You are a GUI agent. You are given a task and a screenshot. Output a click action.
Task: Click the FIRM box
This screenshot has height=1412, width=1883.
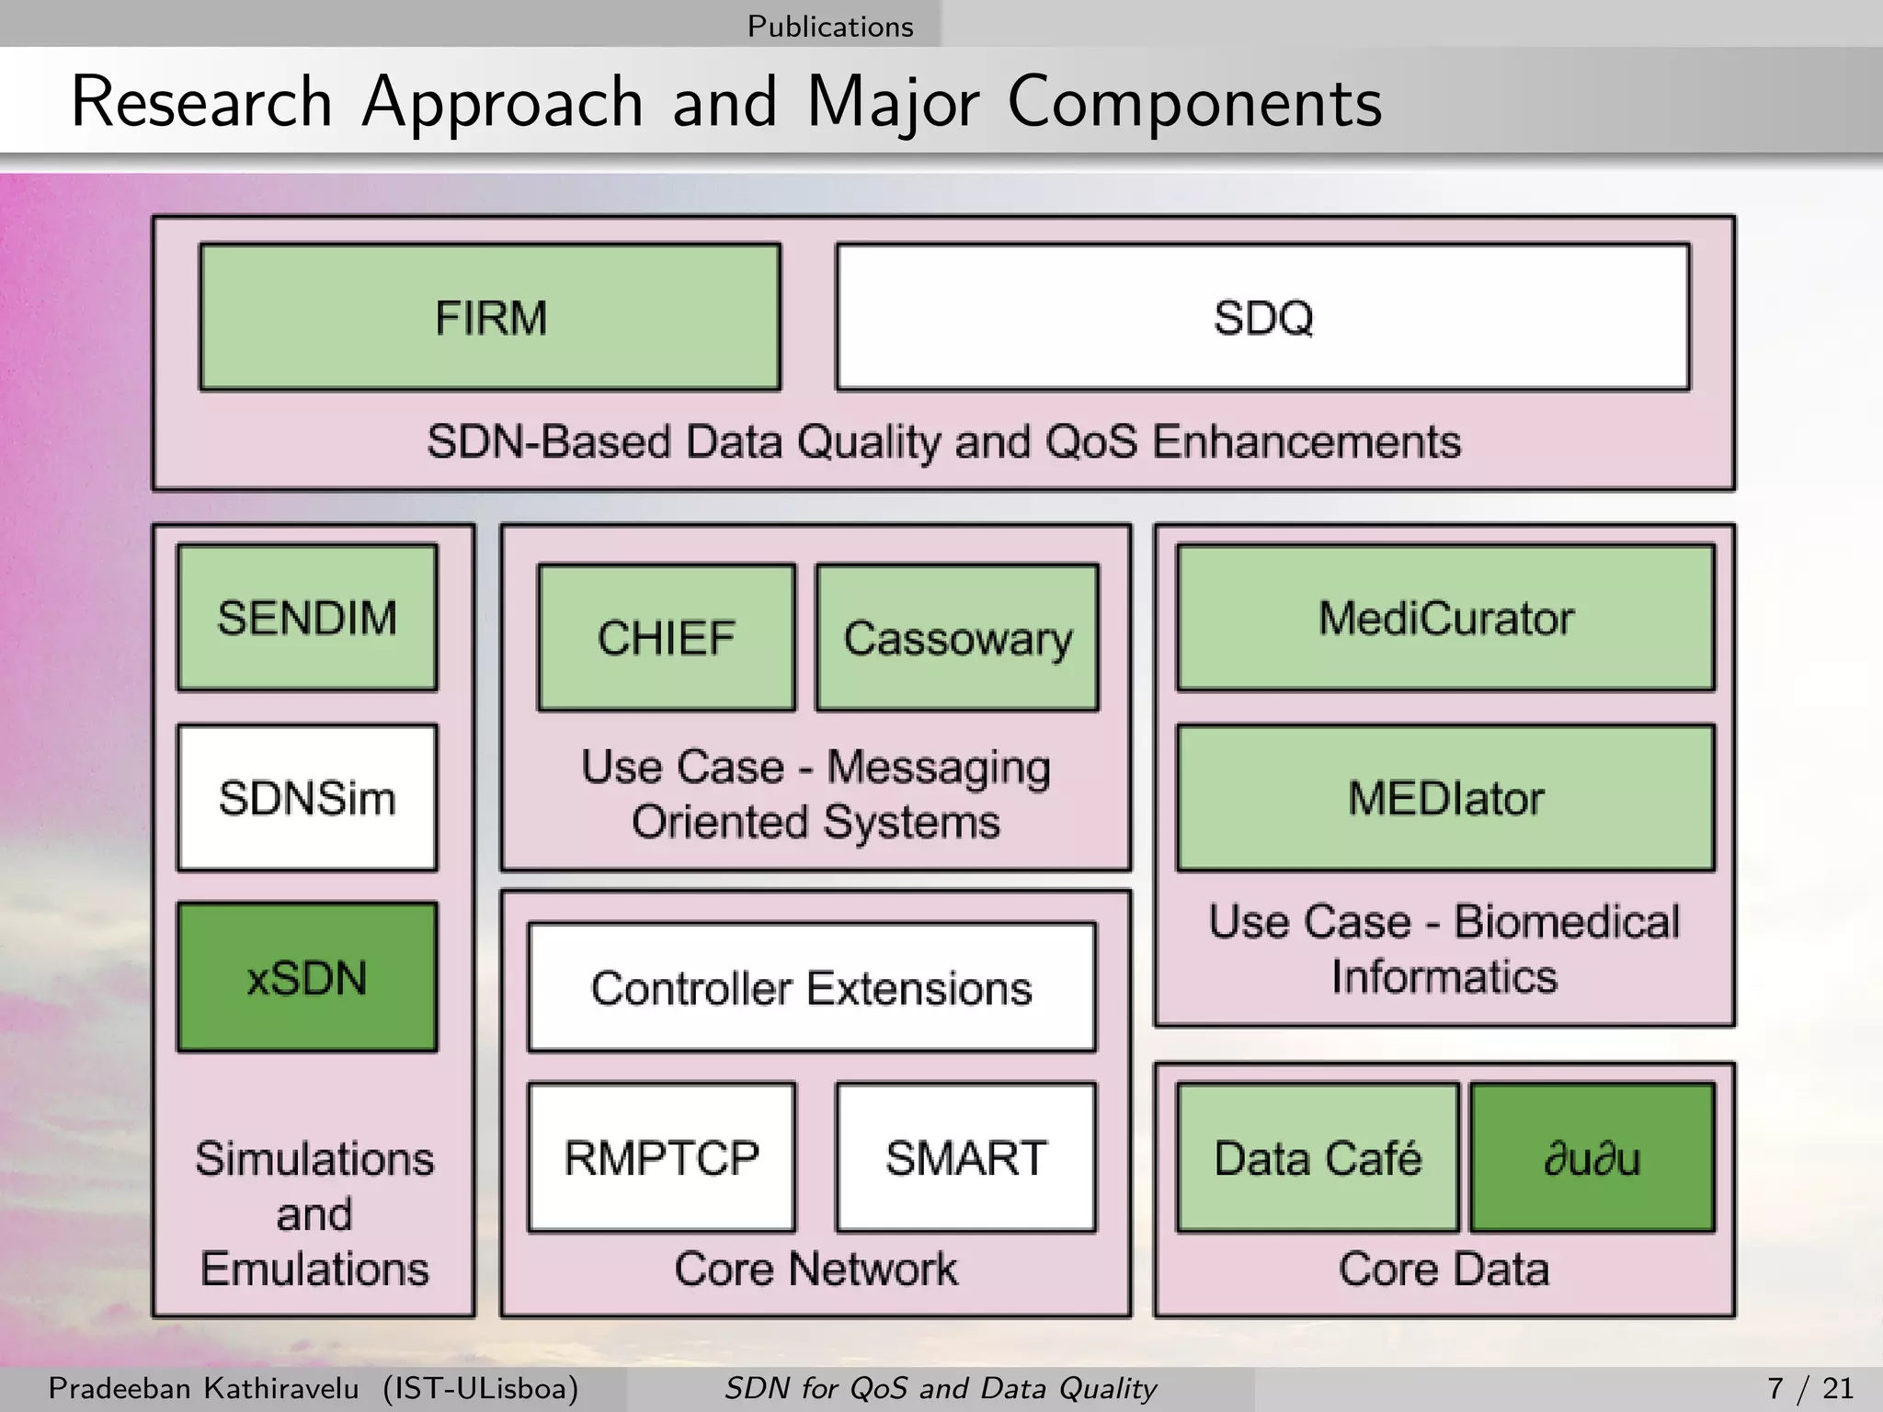[490, 317]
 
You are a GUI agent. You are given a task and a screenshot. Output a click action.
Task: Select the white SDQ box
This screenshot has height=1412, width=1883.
[1262, 317]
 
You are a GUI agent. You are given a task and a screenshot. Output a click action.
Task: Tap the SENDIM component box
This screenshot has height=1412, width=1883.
[307, 617]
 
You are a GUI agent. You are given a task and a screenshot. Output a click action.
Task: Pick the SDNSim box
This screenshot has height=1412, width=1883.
[307, 797]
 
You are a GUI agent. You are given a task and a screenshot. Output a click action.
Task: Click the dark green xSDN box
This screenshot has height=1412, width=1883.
[307, 977]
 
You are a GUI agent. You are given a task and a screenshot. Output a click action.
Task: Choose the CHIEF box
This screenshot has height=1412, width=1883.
[667, 637]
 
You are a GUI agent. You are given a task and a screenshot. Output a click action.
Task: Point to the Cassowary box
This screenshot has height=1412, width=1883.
[957, 637]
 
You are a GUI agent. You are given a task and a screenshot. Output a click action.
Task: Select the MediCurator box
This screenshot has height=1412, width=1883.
[1445, 617]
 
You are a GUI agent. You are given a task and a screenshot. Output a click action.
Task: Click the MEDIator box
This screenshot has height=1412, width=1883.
[1445, 797]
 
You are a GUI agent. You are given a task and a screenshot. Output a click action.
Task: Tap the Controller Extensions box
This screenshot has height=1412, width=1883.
[812, 987]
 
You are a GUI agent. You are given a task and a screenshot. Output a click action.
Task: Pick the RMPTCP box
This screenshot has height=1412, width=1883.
[662, 1156]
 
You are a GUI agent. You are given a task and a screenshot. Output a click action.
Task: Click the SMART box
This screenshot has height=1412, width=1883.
[965, 1156]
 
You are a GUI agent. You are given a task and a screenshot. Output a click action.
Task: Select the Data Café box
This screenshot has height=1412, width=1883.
[1318, 1156]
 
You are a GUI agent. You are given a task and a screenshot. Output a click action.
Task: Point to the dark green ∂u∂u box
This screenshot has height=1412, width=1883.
[1592, 1156]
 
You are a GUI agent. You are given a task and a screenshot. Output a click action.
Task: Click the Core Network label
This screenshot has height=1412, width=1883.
[816, 1269]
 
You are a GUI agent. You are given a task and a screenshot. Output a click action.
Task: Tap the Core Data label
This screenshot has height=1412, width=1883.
[1444, 1269]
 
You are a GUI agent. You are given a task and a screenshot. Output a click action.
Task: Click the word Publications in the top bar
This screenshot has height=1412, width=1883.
[830, 26]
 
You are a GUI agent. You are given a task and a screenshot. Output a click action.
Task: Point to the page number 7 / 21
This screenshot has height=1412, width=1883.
[1809, 1387]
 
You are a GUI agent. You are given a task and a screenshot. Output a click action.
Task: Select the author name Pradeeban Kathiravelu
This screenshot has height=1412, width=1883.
[203, 1387]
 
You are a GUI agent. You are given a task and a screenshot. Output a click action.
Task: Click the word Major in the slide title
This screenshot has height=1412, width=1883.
[892, 101]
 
